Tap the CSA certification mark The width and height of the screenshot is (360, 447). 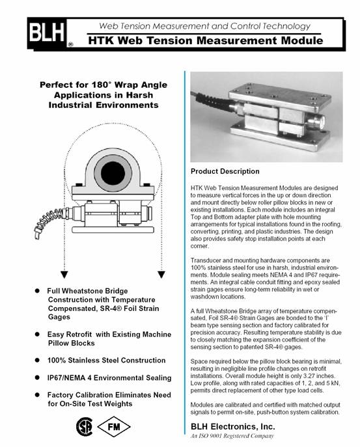click(85, 427)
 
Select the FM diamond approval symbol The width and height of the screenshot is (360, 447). click(114, 427)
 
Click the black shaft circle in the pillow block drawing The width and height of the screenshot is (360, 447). click(113, 173)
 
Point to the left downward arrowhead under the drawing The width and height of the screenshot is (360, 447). click(64, 275)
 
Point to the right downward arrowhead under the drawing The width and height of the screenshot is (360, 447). click(161, 275)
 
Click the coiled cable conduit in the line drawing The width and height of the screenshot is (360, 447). click(48, 221)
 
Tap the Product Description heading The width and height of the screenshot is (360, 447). click(225, 171)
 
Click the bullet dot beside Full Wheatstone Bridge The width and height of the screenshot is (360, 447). click(37, 291)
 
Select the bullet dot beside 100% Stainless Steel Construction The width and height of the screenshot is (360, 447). click(37, 360)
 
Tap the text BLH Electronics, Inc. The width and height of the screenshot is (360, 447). click(233, 426)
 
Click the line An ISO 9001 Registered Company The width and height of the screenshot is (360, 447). click(232, 436)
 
